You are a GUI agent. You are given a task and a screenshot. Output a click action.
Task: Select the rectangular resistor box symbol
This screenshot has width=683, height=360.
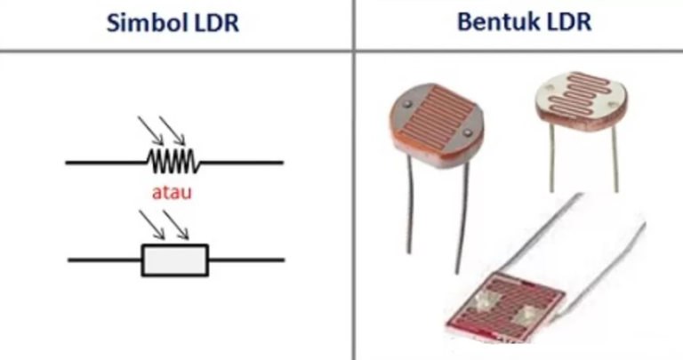(174, 260)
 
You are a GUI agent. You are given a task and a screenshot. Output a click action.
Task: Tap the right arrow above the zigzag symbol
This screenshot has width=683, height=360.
(173, 130)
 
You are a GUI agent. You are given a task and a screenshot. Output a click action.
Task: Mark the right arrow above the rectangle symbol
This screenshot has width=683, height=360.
(176, 226)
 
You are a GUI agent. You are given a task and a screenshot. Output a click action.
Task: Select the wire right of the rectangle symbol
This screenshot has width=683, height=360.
(245, 260)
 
